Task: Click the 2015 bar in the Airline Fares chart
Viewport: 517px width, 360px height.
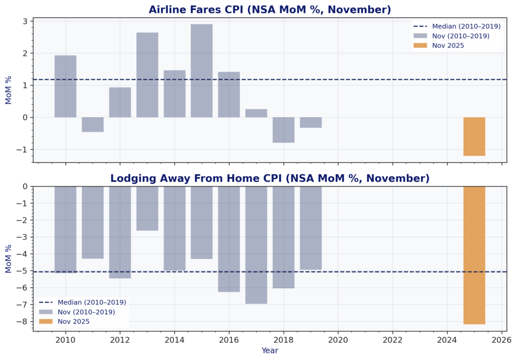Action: [x=201, y=71]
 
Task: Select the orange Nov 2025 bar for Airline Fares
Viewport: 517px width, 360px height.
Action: [x=474, y=136]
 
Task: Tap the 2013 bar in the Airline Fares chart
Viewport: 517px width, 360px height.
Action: [x=147, y=75]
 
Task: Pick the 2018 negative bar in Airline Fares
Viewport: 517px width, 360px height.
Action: [x=283, y=130]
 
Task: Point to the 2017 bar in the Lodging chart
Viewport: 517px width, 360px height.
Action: [x=256, y=245]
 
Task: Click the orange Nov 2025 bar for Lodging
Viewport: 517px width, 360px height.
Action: [x=474, y=255]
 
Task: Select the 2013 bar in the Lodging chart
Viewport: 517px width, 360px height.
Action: [x=147, y=208]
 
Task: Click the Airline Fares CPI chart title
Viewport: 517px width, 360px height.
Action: [x=270, y=10]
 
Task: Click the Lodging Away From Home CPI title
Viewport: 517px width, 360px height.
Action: [x=270, y=178]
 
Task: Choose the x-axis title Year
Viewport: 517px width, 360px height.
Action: [x=270, y=350]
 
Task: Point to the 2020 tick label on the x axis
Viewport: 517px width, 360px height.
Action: [x=338, y=340]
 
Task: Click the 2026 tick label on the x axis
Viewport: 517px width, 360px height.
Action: [x=501, y=340]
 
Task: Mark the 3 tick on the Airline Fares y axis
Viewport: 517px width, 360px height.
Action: [x=24, y=21]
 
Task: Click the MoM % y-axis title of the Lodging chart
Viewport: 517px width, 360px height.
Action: [x=9, y=259]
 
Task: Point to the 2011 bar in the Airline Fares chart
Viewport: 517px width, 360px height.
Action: [x=92, y=124]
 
